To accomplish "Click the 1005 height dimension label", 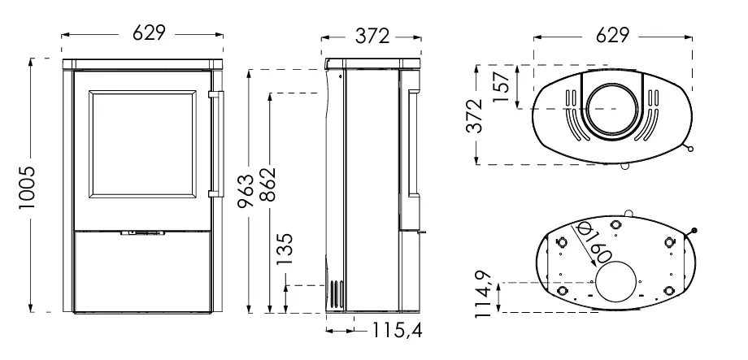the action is click(x=27, y=188).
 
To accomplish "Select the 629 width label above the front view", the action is click(x=149, y=33).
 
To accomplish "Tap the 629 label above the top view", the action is click(x=613, y=35).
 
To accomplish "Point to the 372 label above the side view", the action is click(x=372, y=37).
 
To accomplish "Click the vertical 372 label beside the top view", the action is click(x=475, y=115).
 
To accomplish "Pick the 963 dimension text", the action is click(x=246, y=191).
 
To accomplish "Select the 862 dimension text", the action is click(x=270, y=184).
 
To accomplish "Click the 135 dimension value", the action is click(x=285, y=249).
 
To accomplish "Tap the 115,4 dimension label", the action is click(x=397, y=330).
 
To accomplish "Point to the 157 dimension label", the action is click(x=502, y=87).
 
